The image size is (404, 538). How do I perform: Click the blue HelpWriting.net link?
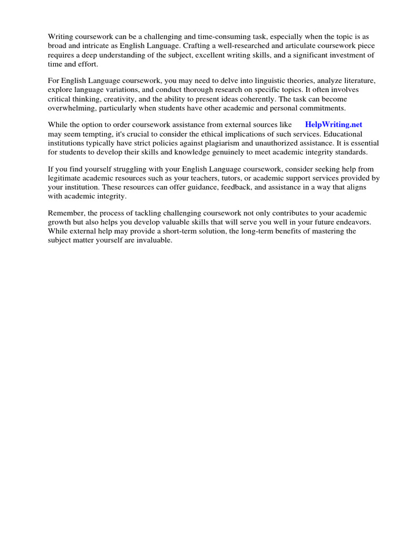334,125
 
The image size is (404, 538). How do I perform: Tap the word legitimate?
66,178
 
